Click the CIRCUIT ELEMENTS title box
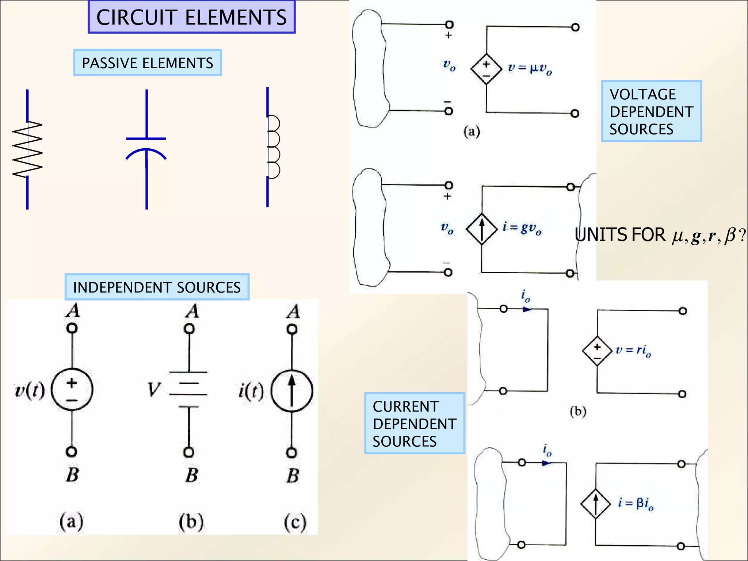point(191,17)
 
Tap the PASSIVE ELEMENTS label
point(147,63)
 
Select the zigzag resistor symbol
point(27,149)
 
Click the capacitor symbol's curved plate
point(146,153)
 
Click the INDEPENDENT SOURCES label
point(157,287)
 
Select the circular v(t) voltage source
point(72,390)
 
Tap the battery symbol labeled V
point(188,389)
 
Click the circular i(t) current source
point(291,391)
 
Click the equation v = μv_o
point(530,68)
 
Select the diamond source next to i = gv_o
point(482,229)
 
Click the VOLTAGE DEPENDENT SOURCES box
point(651,111)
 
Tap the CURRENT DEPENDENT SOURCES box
point(414,424)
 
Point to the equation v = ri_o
point(633,350)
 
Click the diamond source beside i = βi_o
point(596,504)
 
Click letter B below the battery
point(192,475)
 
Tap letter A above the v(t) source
point(73,311)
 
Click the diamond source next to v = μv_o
point(486,69)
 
